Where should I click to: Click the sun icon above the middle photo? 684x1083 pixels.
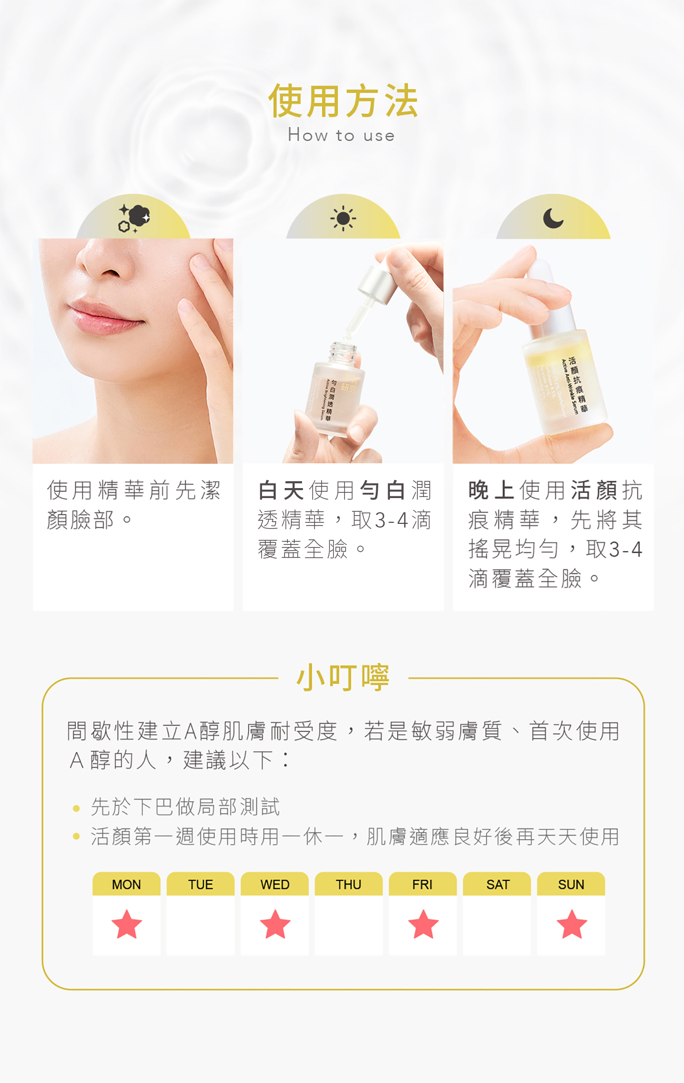tap(343, 218)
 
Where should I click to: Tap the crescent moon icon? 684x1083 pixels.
tap(553, 217)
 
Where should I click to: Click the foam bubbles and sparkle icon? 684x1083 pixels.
tap(134, 218)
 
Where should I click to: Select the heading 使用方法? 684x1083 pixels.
tap(343, 101)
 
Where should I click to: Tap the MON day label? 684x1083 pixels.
tap(126, 885)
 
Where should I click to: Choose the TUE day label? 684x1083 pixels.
tap(200, 885)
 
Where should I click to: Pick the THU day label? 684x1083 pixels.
tap(348, 885)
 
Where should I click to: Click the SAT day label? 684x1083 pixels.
tap(497, 885)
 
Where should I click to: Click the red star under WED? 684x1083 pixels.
tap(275, 925)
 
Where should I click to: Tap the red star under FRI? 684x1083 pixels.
tap(423, 925)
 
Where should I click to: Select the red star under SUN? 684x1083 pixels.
tap(571, 925)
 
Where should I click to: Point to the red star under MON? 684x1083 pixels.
tap(127, 925)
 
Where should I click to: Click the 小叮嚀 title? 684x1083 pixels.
tap(343, 678)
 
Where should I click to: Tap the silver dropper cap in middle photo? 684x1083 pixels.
tap(377, 284)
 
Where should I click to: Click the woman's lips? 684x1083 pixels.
tap(103, 317)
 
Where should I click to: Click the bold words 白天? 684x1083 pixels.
tap(281, 491)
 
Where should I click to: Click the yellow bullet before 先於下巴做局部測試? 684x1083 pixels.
tap(76, 808)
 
